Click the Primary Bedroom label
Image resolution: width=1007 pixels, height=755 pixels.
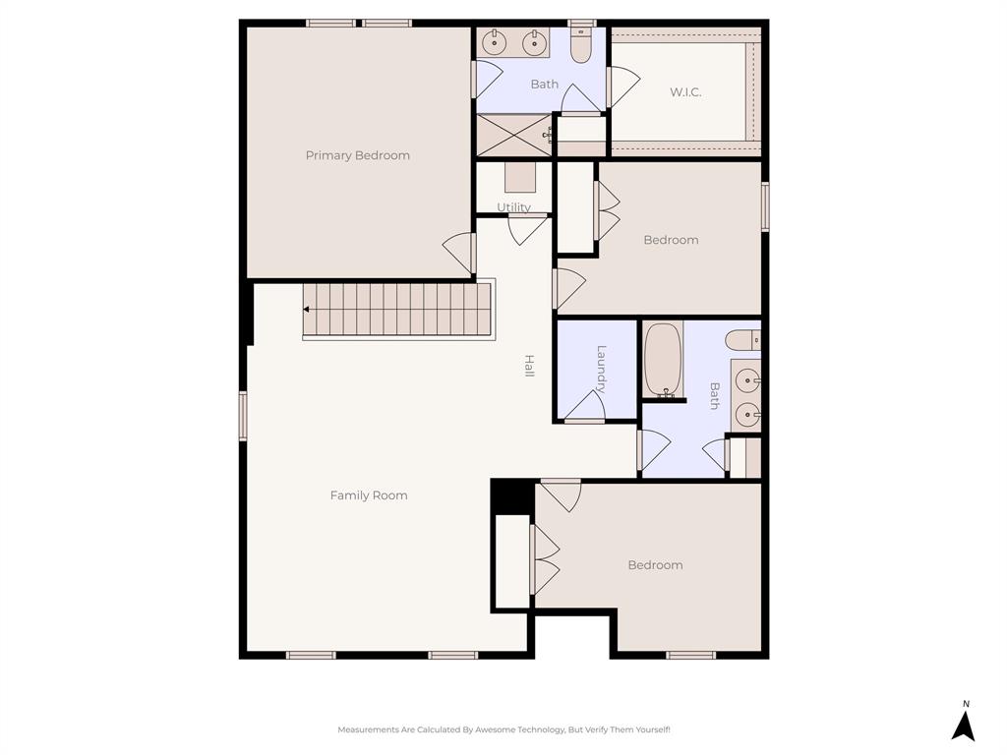point(357,155)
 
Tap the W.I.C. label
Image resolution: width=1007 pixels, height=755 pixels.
point(685,92)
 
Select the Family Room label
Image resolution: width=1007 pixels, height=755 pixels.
point(369,495)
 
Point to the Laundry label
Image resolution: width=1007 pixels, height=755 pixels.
point(602,369)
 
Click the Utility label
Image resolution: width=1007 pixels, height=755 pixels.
point(513,207)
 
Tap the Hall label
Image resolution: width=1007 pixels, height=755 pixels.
point(529,367)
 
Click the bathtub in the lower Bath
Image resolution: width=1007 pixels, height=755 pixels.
point(664,360)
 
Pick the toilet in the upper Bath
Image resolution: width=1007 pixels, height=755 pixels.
point(581,44)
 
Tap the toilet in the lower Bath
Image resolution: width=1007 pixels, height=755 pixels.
point(742,340)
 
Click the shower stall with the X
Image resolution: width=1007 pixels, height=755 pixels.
point(513,135)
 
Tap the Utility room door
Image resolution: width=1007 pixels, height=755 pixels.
point(527,229)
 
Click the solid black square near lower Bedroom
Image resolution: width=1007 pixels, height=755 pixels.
point(511,495)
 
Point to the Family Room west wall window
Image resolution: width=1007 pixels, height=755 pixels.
point(243,415)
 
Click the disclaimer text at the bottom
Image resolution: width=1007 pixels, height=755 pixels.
point(503,729)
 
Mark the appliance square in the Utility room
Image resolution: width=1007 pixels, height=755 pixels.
point(520,177)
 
